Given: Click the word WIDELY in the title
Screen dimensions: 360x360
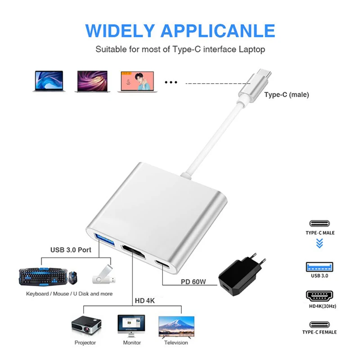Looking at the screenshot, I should click(x=117, y=31).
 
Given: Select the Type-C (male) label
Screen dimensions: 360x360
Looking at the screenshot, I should click(x=286, y=95).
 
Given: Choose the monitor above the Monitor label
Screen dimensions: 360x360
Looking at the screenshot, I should click(x=131, y=324).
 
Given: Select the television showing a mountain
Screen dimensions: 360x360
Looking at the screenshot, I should click(x=176, y=325).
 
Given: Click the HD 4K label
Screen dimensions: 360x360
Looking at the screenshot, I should click(x=145, y=300).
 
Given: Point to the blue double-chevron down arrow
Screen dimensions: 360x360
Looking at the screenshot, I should click(x=319, y=243).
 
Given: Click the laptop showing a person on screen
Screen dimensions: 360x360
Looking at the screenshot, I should click(x=137, y=81).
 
